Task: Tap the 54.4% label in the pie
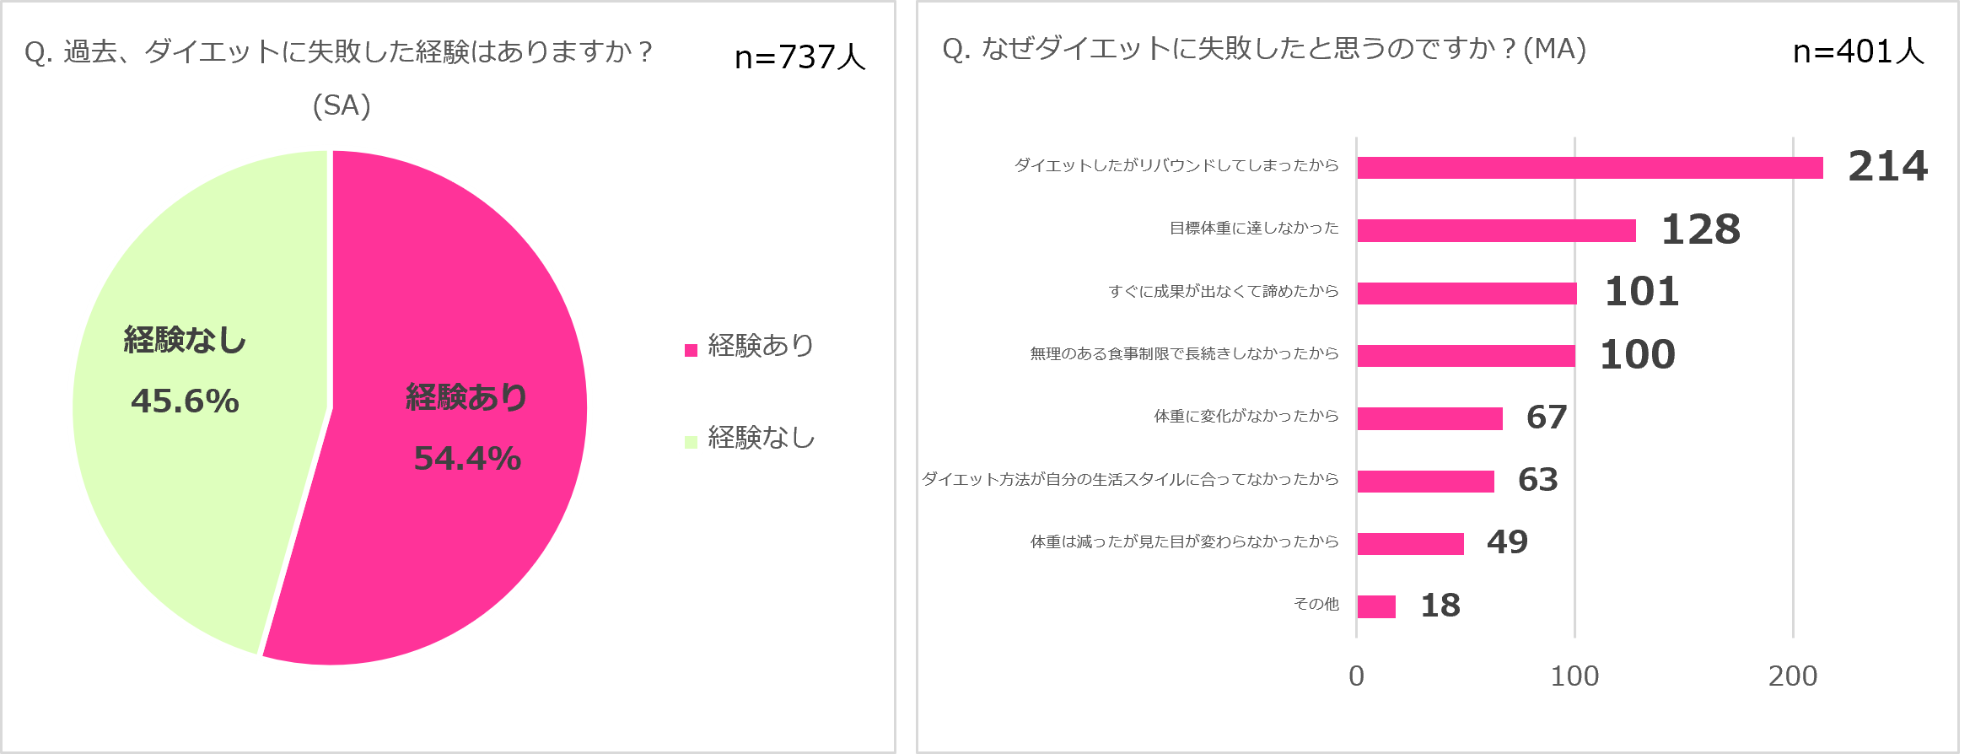[467, 459]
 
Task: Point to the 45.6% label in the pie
[185, 401]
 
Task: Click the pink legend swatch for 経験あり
[691, 350]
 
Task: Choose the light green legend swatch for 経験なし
[691, 442]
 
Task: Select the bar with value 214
[1590, 168]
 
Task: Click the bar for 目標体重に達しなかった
[1496, 230]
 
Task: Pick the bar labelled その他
[1376, 606]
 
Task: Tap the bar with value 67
[1429, 418]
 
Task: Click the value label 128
[1700, 229]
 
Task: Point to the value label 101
[1641, 292]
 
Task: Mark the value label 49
[1507, 541]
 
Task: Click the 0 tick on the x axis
[1356, 676]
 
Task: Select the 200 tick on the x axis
[1792, 676]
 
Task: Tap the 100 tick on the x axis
[1574, 676]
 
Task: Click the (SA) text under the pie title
[342, 105]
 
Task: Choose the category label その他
[1316, 604]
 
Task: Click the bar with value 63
[1425, 481]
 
